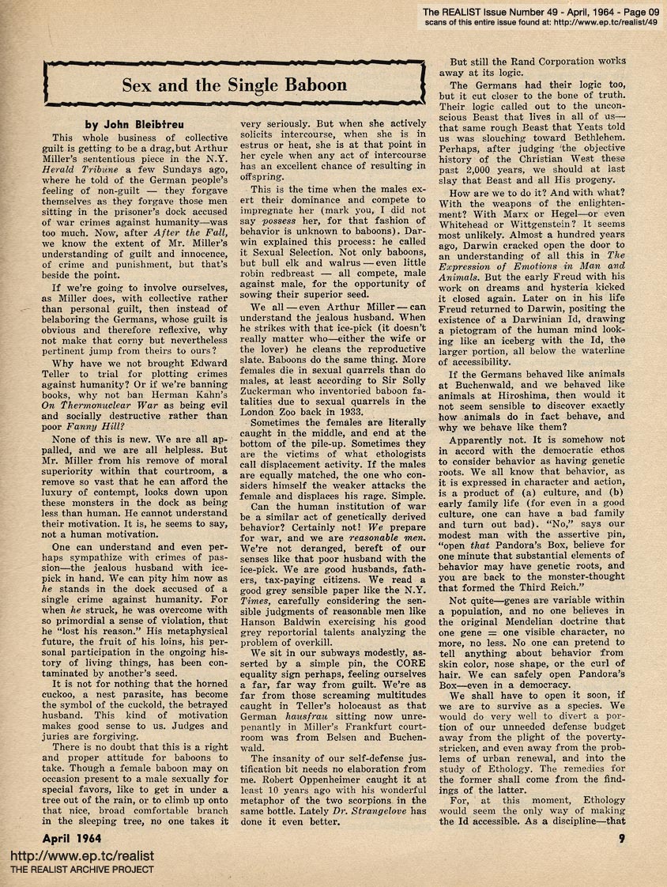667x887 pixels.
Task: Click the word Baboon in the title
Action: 308,85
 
